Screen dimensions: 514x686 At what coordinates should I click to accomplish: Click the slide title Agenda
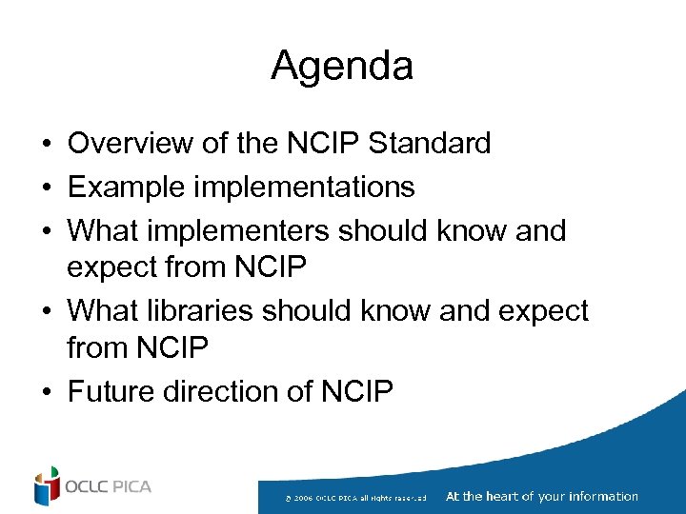(342, 67)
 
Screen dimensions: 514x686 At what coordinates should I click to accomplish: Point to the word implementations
(304, 188)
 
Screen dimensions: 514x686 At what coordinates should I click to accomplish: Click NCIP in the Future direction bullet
(357, 391)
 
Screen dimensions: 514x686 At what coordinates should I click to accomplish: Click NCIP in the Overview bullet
(323, 144)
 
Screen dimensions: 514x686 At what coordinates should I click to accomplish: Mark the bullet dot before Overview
(46, 145)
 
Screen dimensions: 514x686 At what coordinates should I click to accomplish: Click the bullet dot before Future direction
(46, 392)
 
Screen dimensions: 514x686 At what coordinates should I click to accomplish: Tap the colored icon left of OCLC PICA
(46, 486)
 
